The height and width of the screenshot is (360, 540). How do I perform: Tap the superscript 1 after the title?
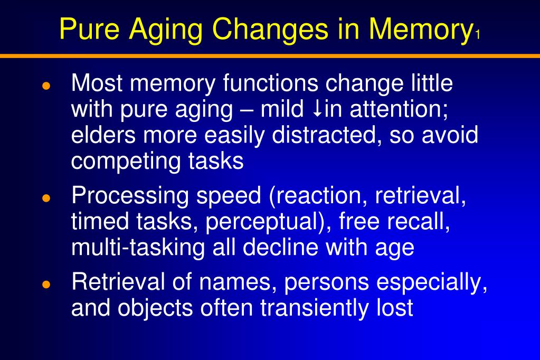click(477, 36)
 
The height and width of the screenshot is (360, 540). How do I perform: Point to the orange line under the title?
click(270, 55)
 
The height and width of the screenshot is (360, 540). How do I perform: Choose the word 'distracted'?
click(327, 136)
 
